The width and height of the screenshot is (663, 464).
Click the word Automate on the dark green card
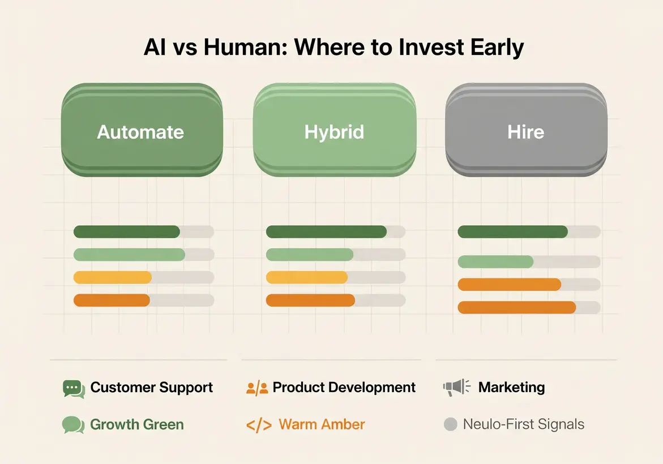point(140,132)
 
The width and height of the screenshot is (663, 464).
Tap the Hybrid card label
point(334,132)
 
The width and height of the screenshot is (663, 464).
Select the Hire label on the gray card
point(526,132)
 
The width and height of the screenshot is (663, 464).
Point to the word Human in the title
point(245,48)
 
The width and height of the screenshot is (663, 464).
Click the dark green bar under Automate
point(127,231)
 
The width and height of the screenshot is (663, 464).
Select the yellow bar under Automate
point(113,277)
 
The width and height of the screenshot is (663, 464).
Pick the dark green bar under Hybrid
point(326,231)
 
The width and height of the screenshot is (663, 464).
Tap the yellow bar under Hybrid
point(306,277)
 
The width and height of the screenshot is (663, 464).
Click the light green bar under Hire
point(495,261)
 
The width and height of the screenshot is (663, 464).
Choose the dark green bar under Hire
point(512,231)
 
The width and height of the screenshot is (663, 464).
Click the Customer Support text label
point(152,388)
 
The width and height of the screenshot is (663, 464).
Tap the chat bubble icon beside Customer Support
point(74,388)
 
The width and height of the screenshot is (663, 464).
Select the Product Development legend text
point(344,388)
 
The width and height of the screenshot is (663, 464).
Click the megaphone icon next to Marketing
point(456,388)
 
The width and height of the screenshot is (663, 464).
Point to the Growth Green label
point(137,424)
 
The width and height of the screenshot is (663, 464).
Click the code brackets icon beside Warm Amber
point(259,425)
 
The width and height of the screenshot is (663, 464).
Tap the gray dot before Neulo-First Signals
point(450,424)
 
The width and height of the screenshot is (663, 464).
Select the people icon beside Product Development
point(257,388)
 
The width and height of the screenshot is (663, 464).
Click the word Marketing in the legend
point(511,388)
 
